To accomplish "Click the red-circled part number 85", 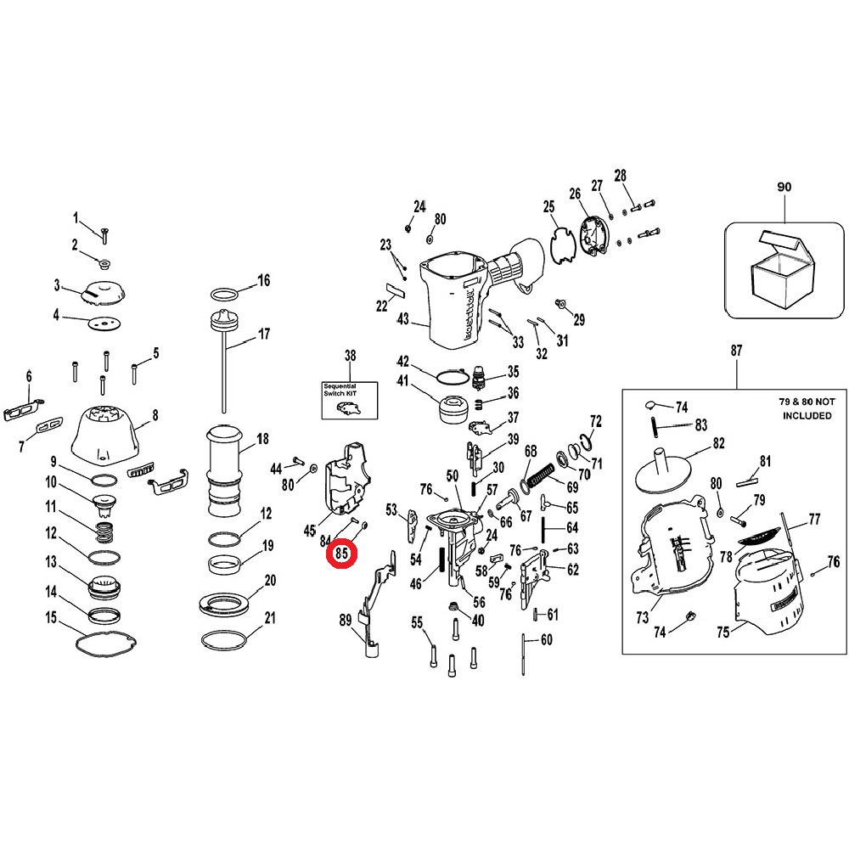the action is pyautogui.click(x=341, y=554).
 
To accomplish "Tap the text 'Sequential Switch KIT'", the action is pyautogui.click(x=340, y=390).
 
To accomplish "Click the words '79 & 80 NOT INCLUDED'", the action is pyautogui.click(x=807, y=408).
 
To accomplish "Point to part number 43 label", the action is pyautogui.click(x=402, y=318).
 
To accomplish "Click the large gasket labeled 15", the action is pyautogui.click(x=105, y=643).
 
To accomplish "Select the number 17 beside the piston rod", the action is pyautogui.click(x=264, y=334).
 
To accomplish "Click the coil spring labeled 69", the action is pyautogui.click(x=541, y=476).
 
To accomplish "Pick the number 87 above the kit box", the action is pyautogui.click(x=736, y=351).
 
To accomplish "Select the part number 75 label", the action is pyautogui.click(x=723, y=632).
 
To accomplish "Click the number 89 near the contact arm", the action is pyautogui.click(x=346, y=621).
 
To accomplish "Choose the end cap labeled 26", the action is pyautogui.click(x=594, y=235).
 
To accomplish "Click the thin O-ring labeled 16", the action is pyautogui.click(x=224, y=294).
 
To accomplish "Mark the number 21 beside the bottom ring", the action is pyautogui.click(x=270, y=617).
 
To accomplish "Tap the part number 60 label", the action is pyautogui.click(x=547, y=640).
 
